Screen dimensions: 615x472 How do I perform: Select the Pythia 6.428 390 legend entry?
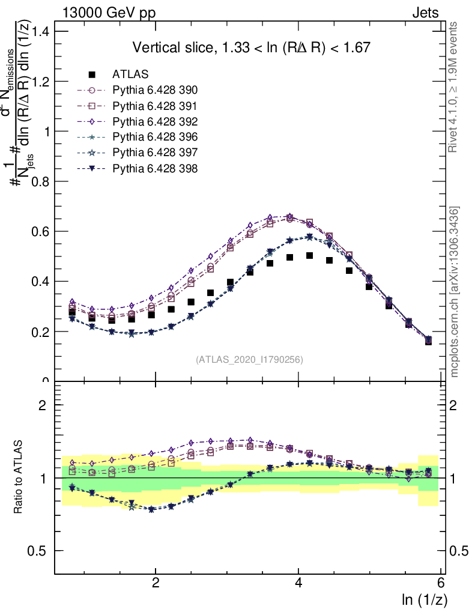[155, 90]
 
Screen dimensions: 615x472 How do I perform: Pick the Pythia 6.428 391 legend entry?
[155, 106]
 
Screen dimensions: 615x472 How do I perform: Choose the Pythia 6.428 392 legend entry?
[155, 121]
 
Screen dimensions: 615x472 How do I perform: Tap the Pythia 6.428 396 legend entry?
[155, 137]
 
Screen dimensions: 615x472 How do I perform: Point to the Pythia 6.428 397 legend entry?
[155, 153]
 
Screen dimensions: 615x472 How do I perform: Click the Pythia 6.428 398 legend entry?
[155, 168]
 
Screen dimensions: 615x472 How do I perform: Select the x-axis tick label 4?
[298, 583]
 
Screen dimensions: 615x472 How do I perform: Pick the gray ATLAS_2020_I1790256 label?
[249, 360]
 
